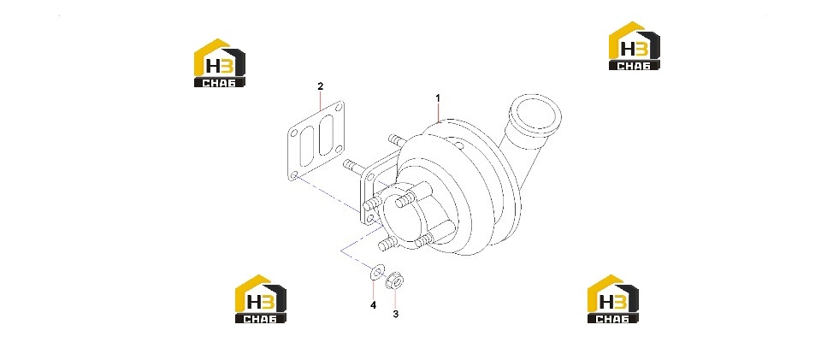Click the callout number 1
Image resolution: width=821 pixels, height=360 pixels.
438,97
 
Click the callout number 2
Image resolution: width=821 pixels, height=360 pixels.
321,86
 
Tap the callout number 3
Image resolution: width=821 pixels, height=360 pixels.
396,314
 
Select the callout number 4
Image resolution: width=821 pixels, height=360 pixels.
374,305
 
